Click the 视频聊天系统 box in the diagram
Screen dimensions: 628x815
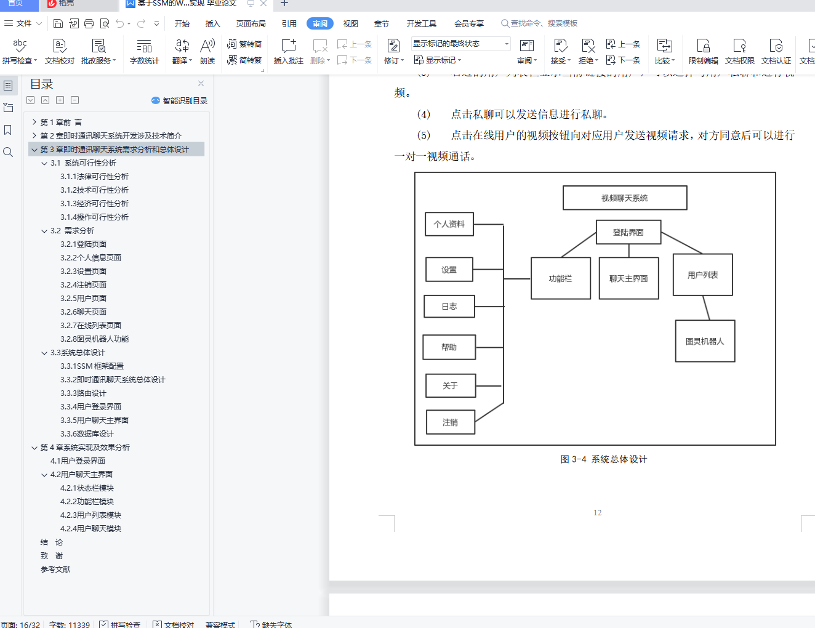[625, 198]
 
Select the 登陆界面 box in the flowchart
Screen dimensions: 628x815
[628, 233]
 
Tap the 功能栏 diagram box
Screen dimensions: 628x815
[560, 279]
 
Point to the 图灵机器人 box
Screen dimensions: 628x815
[705, 341]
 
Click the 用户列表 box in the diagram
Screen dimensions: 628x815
[702, 275]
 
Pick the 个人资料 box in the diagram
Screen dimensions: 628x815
[449, 224]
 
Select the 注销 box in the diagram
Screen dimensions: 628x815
[450, 422]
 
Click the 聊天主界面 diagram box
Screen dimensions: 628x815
[628, 279]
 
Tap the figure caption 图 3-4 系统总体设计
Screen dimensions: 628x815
[603, 459]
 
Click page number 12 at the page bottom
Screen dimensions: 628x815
[597, 513]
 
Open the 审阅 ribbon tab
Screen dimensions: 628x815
[320, 24]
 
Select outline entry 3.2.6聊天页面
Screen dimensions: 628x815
[83, 312]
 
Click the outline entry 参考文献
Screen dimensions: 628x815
[55, 570]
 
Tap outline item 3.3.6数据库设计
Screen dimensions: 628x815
[87, 434]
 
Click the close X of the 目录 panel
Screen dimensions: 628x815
[201, 84]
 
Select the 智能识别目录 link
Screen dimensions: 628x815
[180, 100]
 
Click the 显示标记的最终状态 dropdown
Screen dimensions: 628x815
[460, 44]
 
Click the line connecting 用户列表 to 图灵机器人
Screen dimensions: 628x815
[707, 308]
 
